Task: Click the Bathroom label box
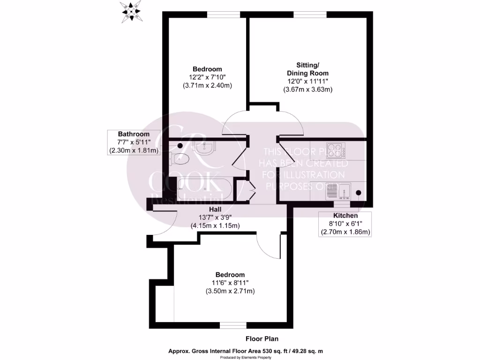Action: point(134,142)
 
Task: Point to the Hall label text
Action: point(215,209)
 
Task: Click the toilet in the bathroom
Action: point(181,158)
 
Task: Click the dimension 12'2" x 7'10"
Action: point(207,77)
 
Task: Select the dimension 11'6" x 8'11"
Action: point(230,283)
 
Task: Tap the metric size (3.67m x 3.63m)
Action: point(307,90)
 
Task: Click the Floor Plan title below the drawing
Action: point(262,338)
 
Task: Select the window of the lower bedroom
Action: point(233,325)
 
